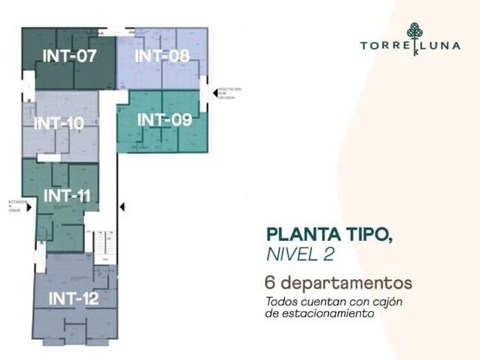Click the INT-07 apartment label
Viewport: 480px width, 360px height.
[x=69, y=56]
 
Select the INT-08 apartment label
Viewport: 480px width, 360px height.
[x=162, y=55]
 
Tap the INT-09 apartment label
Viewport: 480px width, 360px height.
[x=165, y=120]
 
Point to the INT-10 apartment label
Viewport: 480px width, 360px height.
[x=58, y=123]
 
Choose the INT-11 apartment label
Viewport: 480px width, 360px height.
[x=67, y=195]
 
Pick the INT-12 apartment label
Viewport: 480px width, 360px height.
[x=73, y=298]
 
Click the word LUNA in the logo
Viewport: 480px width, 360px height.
[x=442, y=46]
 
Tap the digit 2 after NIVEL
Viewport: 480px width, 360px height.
[x=328, y=254]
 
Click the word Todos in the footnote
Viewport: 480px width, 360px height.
[x=281, y=302]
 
